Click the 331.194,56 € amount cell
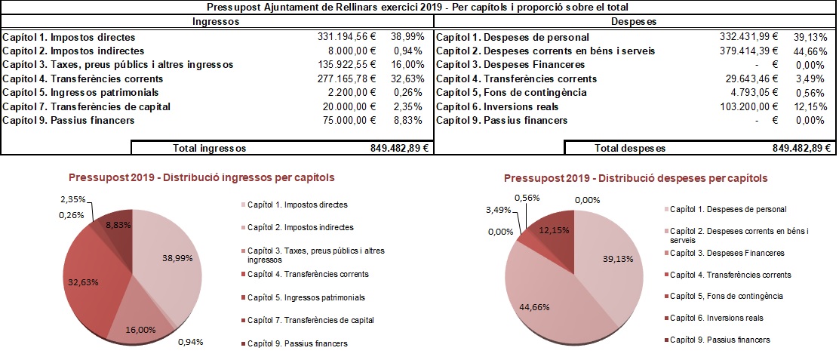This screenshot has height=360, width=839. click(345, 37)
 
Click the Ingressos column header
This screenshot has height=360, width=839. click(217, 22)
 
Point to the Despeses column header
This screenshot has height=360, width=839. click(635, 22)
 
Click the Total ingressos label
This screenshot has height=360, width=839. click(209, 149)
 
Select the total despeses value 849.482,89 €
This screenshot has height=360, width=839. click(802, 149)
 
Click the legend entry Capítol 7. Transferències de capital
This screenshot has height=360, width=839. click(310, 320)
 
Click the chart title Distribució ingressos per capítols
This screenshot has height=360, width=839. click(201, 177)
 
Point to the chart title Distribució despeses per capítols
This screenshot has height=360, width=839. click(635, 179)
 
